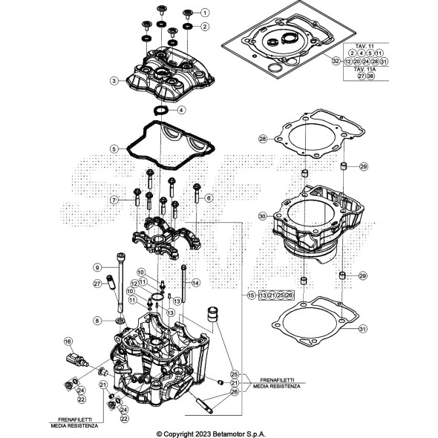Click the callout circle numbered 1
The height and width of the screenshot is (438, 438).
tap(205, 13)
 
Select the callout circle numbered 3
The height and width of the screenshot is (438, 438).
tap(114, 80)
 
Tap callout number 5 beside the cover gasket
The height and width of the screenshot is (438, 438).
tap(114, 148)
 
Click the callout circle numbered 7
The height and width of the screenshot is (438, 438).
tap(114, 200)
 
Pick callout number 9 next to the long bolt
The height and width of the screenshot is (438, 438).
tap(117, 267)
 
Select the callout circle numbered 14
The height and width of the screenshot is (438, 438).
tap(197, 282)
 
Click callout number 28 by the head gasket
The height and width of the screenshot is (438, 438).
tap(262, 139)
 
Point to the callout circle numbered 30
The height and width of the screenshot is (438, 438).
tap(262, 216)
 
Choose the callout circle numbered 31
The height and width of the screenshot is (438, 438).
tap(363, 329)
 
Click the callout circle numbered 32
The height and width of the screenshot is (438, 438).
tap(336, 61)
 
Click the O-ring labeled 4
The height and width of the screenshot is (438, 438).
tap(160, 110)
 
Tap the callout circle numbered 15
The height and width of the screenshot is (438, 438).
tap(251, 295)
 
